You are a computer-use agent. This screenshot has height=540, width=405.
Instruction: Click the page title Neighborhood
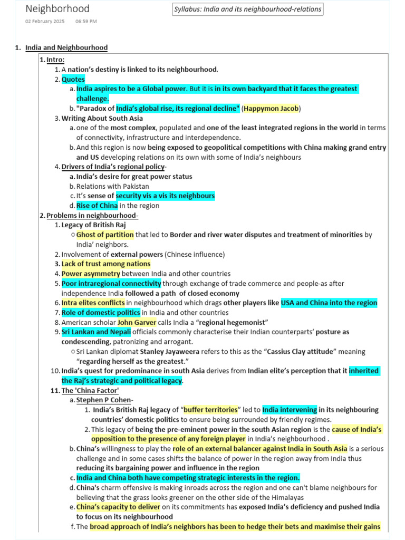[x=57, y=9]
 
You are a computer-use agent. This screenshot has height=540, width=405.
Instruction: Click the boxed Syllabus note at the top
[x=247, y=9]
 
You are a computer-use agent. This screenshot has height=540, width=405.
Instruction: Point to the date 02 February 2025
[x=45, y=22]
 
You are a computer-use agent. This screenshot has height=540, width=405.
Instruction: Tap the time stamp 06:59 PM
[x=86, y=22]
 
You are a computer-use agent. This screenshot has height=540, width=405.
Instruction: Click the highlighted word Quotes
[x=73, y=80]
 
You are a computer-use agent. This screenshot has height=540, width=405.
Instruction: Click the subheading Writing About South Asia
[x=102, y=118]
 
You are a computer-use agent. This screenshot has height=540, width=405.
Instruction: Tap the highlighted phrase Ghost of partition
[x=105, y=235]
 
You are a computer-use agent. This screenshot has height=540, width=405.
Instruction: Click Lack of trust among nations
[x=105, y=264]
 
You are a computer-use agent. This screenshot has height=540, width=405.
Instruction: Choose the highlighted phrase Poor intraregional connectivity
[x=111, y=284]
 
